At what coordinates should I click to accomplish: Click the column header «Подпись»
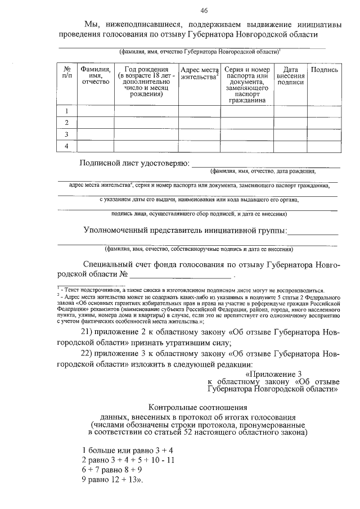(324, 70)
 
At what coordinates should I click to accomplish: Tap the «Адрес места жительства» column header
(199, 74)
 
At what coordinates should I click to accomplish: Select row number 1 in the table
(67, 111)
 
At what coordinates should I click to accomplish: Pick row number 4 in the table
(67, 146)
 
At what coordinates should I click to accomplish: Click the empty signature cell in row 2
(324, 123)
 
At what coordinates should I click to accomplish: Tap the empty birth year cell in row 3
(146, 134)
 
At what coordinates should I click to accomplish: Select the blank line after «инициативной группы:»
(313, 231)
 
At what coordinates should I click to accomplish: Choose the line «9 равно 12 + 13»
(111, 480)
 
